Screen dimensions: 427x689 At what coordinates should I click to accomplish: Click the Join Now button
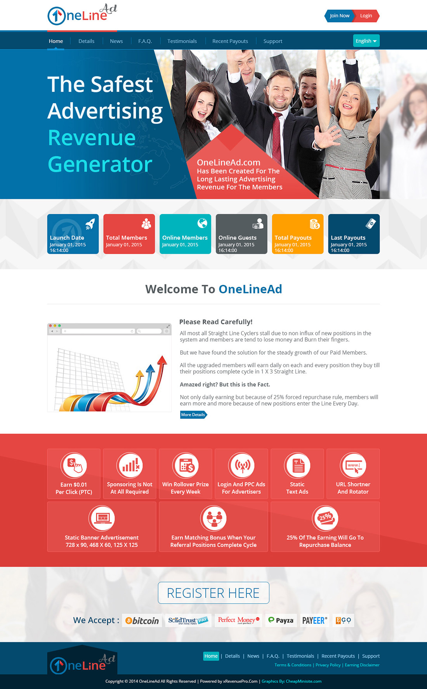click(339, 16)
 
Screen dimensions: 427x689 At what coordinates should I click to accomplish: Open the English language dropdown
click(366, 41)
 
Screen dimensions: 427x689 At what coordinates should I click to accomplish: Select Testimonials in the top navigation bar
click(182, 41)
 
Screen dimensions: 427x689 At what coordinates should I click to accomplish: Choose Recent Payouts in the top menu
click(230, 41)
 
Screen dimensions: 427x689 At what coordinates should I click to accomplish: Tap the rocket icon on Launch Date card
click(90, 224)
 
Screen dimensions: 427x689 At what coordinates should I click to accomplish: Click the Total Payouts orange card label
click(293, 238)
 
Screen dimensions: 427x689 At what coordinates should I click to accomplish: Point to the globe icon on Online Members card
click(202, 223)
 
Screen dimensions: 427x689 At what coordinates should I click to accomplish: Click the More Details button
click(193, 415)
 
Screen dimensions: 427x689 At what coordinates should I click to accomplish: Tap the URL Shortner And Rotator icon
click(353, 466)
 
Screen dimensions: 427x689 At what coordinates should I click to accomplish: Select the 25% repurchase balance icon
click(325, 518)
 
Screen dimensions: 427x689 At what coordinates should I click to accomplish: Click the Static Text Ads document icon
click(297, 466)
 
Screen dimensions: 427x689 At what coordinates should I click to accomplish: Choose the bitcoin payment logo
click(142, 621)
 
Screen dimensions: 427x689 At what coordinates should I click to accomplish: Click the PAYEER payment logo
click(315, 621)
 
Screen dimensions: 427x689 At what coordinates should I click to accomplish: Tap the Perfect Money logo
click(238, 620)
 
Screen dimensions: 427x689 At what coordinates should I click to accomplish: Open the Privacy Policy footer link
click(328, 665)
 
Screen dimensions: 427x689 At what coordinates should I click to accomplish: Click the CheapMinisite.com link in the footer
click(304, 681)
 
